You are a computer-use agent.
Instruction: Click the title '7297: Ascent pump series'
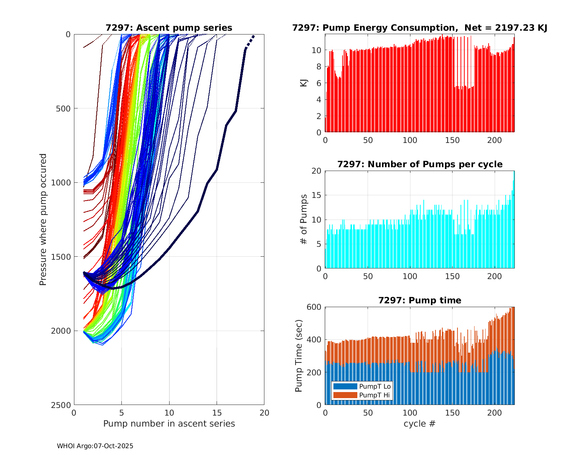click(169, 28)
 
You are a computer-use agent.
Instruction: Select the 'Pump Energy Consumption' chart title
click(420, 28)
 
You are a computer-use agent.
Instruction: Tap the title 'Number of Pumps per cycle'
click(420, 164)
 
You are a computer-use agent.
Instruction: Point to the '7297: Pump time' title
click(420, 300)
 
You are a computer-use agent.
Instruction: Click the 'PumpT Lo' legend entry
click(375, 386)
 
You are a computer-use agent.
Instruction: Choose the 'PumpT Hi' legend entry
click(375, 395)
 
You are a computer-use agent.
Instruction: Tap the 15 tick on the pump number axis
click(217, 413)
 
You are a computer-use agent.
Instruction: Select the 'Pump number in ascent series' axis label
click(169, 424)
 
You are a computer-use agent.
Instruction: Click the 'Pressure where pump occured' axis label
click(43, 220)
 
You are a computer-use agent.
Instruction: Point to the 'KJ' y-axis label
click(303, 83)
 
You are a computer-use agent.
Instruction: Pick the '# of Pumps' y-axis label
click(303, 219)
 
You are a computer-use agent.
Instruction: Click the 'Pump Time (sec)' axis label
click(299, 356)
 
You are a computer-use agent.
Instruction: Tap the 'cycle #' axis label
click(420, 424)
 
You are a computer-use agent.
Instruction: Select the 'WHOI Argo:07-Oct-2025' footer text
click(95, 446)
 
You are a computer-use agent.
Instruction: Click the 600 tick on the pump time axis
click(314, 307)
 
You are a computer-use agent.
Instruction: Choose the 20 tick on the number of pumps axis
click(316, 171)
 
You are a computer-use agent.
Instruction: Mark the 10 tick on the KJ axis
click(316, 50)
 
